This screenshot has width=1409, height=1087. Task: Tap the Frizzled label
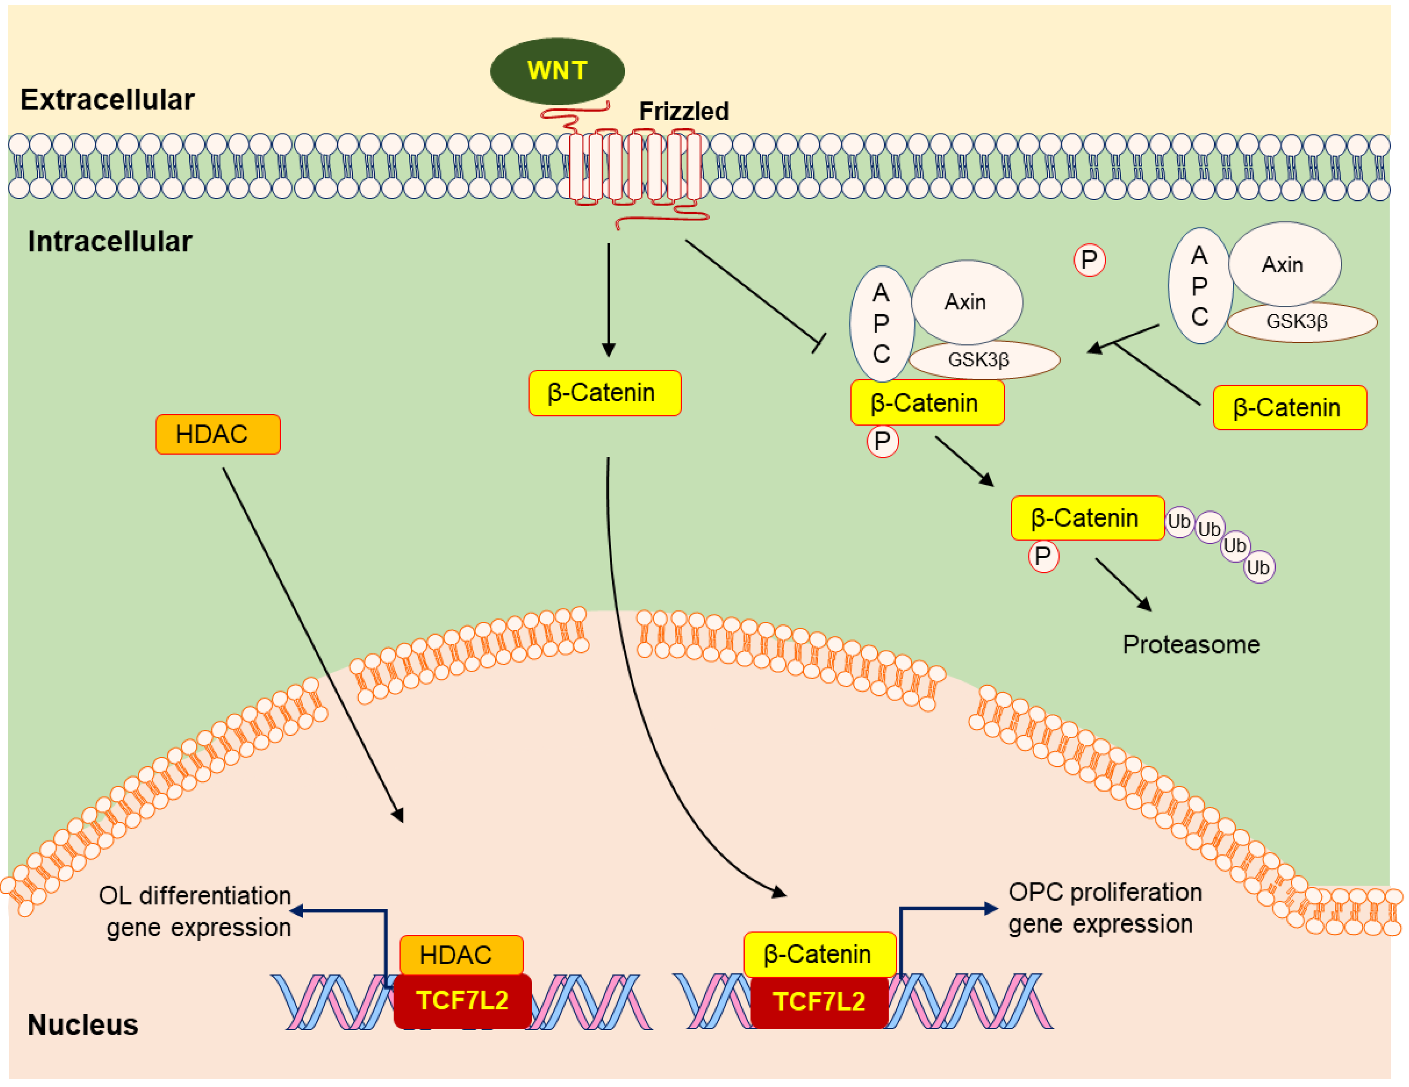tap(684, 112)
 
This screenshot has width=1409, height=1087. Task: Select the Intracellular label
tap(110, 241)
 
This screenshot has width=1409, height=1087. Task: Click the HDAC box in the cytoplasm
tap(218, 434)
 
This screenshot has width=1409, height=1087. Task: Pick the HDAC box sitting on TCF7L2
tap(461, 955)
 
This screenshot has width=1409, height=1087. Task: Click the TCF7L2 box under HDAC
tap(462, 1001)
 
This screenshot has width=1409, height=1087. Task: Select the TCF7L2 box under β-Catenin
tap(819, 1001)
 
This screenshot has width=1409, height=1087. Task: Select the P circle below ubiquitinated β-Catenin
tap(1043, 556)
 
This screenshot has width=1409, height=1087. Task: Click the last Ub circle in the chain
tap(1259, 568)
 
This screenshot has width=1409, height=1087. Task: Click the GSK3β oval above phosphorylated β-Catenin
tap(984, 360)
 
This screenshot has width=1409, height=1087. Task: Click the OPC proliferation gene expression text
tap(1105, 908)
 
